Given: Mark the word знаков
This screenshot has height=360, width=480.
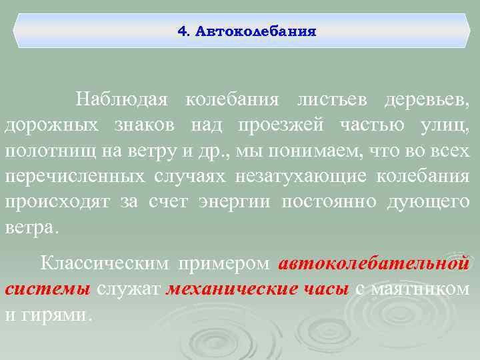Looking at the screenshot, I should pyautogui.click(x=149, y=125).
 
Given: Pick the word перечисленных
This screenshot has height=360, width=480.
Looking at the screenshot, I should pyautogui.click(x=74, y=176).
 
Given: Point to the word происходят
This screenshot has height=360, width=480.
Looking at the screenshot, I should pyautogui.click(x=58, y=201).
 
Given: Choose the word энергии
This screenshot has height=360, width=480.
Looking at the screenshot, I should pyautogui.click(x=233, y=201).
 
